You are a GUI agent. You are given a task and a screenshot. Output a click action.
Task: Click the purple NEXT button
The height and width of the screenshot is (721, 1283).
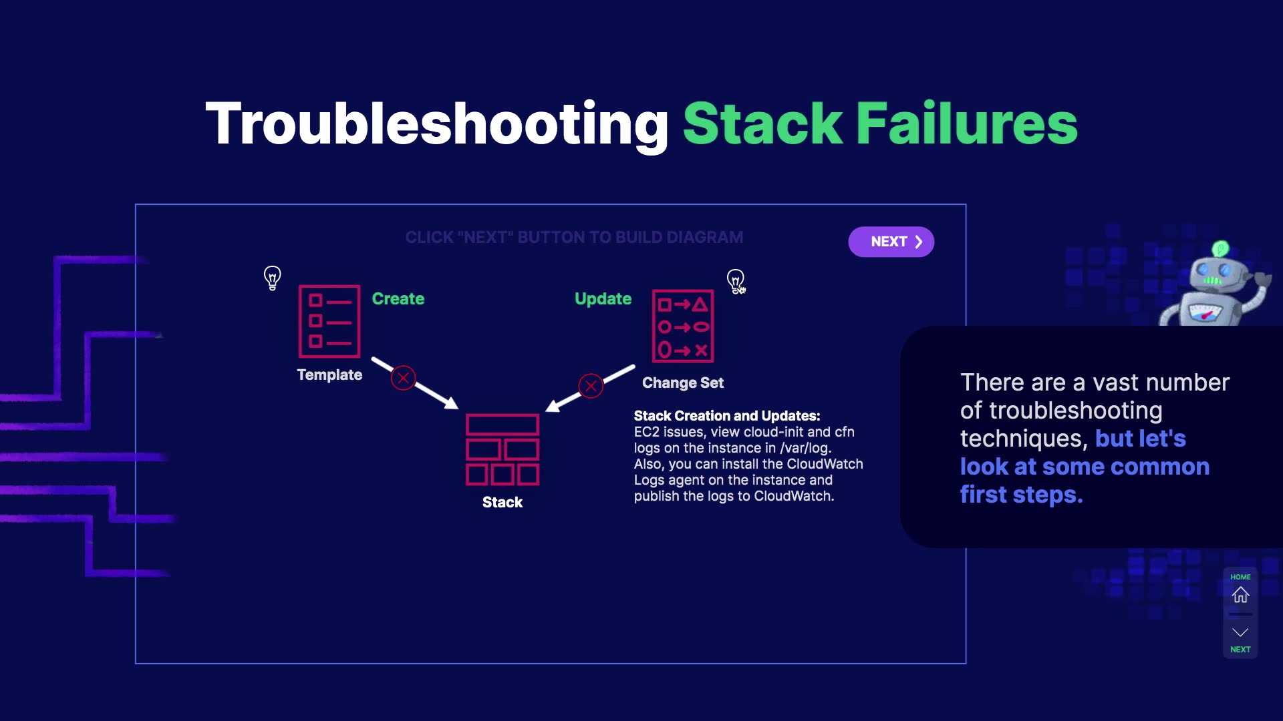pyautogui.click(x=891, y=242)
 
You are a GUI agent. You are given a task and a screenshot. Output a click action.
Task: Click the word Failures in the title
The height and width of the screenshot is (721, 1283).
pyautogui.click(x=966, y=124)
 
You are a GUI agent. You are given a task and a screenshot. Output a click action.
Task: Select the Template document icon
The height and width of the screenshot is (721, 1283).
pyautogui.click(x=329, y=321)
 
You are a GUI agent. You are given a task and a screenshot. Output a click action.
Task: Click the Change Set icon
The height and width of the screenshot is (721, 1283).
pyautogui.click(x=682, y=326)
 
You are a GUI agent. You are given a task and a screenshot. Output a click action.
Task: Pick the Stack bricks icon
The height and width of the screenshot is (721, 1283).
pyautogui.click(x=503, y=449)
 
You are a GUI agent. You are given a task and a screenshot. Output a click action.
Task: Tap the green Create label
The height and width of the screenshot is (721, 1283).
pyautogui.click(x=398, y=299)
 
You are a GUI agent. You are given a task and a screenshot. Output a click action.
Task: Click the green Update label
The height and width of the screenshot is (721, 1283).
pyautogui.click(x=603, y=299)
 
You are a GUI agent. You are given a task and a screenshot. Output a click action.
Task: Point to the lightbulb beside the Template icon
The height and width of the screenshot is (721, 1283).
pyautogui.click(x=272, y=278)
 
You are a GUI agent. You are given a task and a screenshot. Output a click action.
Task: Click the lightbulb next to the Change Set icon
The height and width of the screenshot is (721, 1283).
pyautogui.click(x=735, y=280)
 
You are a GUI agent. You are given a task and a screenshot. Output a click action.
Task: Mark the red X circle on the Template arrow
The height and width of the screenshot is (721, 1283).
pyautogui.click(x=403, y=379)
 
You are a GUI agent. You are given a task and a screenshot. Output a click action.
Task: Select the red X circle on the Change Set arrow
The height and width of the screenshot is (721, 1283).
pyautogui.click(x=591, y=386)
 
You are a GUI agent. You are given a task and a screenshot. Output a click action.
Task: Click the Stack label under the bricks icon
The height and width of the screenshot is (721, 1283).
pyautogui.click(x=503, y=503)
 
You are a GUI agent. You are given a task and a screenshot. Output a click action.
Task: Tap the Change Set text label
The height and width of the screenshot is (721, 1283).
pyautogui.click(x=682, y=383)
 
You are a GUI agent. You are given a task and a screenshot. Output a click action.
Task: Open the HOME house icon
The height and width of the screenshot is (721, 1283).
pyautogui.click(x=1240, y=595)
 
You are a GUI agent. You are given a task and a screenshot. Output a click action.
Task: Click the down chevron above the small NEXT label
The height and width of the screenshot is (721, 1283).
pyautogui.click(x=1240, y=632)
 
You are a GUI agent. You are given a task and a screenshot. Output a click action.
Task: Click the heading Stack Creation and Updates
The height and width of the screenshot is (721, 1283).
pyautogui.click(x=726, y=416)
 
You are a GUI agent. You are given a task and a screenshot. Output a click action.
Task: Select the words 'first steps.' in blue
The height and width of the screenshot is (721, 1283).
pyautogui.click(x=1021, y=495)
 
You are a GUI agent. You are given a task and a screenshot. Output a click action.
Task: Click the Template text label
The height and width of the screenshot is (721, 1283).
pyautogui.click(x=329, y=375)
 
